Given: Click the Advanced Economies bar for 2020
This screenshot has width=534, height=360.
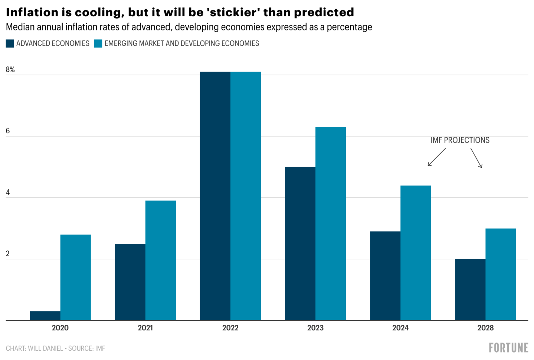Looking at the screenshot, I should click(45, 316).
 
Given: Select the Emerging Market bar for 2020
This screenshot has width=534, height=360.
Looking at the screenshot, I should click(75, 277).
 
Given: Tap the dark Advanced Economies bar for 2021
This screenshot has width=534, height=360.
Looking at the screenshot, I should click(130, 282).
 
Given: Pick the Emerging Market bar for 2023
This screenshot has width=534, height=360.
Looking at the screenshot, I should click(330, 224).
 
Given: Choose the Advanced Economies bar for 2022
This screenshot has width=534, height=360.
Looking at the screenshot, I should click(215, 196).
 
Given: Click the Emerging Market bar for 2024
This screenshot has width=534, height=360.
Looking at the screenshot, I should click(415, 253).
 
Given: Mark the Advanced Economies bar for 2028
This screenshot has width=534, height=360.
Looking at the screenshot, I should click(470, 289).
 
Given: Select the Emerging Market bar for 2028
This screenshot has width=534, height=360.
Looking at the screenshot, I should click(500, 274).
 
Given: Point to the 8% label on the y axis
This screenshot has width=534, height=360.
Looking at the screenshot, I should click(10, 69).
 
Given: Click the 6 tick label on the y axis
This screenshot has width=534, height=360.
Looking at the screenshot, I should click(8, 131).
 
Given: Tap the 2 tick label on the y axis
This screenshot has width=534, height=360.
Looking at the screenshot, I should click(8, 254).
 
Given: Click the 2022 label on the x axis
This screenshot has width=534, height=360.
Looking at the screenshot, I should click(230, 328).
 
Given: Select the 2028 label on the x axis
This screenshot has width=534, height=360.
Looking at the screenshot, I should click(485, 328).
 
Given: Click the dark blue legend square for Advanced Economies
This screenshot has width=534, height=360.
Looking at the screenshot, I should click(10, 43).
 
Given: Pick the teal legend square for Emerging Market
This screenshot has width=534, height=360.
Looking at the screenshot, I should click(98, 43).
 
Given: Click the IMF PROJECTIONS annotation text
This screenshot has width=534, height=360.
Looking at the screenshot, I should click(460, 140).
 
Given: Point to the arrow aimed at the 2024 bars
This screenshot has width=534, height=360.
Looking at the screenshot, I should click(436, 157).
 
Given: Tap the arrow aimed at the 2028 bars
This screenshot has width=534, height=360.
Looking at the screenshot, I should click(476, 158).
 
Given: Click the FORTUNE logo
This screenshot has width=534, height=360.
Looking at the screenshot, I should click(508, 348).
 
